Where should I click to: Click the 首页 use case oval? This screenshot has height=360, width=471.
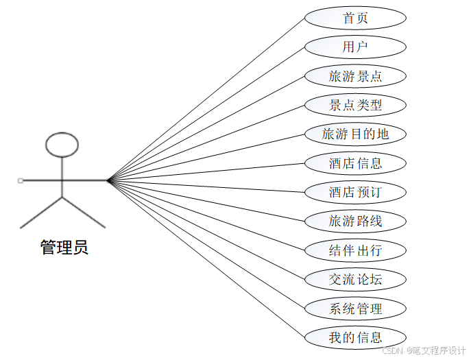pyautogui.click(x=355, y=18)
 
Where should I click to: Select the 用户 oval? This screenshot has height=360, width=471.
pyautogui.click(x=355, y=47)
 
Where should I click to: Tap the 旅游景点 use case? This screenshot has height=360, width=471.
pyautogui.click(x=355, y=76)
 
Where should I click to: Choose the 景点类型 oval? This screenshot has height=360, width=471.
pyautogui.click(x=355, y=105)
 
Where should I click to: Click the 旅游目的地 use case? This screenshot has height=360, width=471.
pyautogui.click(x=355, y=134)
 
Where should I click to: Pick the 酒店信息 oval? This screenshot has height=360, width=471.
pyautogui.click(x=355, y=163)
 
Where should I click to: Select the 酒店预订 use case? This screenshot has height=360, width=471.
pyautogui.click(x=355, y=192)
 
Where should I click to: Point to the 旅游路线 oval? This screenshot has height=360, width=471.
pyautogui.click(x=355, y=221)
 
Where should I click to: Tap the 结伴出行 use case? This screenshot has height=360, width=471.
pyautogui.click(x=355, y=250)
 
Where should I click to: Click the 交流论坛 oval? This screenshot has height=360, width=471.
pyautogui.click(x=355, y=279)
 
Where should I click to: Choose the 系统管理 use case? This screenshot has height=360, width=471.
pyautogui.click(x=355, y=308)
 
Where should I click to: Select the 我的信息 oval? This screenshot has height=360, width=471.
pyautogui.click(x=355, y=337)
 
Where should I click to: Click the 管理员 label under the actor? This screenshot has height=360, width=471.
pyautogui.click(x=64, y=248)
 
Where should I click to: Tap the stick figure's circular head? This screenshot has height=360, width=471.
pyautogui.click(x=62, y=145)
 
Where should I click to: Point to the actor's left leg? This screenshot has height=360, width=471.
pyautogui.click(x=41, y=213)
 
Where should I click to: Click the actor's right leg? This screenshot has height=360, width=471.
pyautogui.click(x=84, y=213)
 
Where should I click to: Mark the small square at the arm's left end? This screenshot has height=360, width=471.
pyautogui.click(x=21, y=180)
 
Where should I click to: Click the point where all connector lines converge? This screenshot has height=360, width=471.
pyautogui.click(x=108, y=180)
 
